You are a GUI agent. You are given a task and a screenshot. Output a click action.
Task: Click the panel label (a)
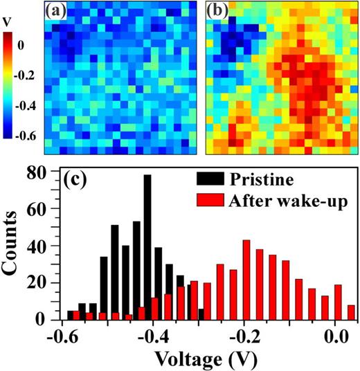pyautogui.click(x=57, y=13)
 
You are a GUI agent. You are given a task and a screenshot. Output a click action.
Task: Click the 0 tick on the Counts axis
pyautogui.click(x=46, y=319)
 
